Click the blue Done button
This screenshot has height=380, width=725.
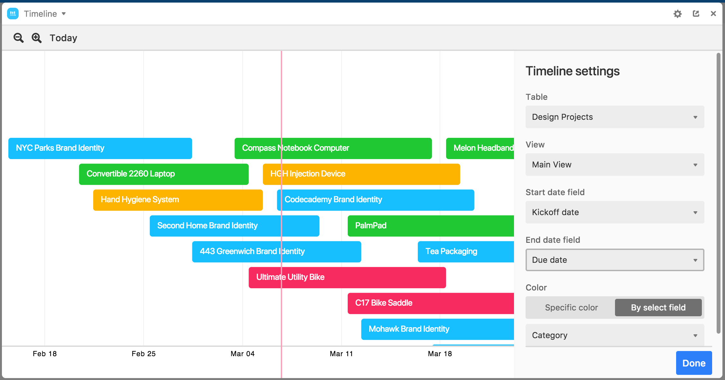tap(693, 363)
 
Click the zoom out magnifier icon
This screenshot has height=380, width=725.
tap(18, 38)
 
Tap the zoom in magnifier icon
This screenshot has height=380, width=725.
tap(36, 38)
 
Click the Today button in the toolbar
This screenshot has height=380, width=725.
tap(63, 38)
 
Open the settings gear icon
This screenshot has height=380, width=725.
tap(677, 14)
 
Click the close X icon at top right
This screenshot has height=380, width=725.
tap(713, 14)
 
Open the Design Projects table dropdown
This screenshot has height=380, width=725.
tap(614, 117)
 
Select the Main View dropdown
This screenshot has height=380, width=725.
tap(614, 165)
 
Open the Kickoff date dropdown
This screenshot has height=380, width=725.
tap(614, 212)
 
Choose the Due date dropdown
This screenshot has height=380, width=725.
tap(614, 260)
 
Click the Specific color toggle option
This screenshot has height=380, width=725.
tap(571, 308)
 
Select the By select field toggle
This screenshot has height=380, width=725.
tap(658, 308)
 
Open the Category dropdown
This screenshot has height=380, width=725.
tap(614, 335)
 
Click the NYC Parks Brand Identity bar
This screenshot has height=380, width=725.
tap(100, 148)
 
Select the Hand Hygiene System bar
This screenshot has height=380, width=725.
tap(178, 200)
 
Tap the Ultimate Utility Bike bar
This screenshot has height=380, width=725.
tap(347, 277)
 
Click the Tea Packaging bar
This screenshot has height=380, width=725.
tap(465, 252)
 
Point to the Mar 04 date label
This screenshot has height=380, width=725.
tap(243, 354)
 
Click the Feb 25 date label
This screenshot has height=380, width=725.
tap(143, 354)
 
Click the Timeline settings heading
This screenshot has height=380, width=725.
tap(572, 71)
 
